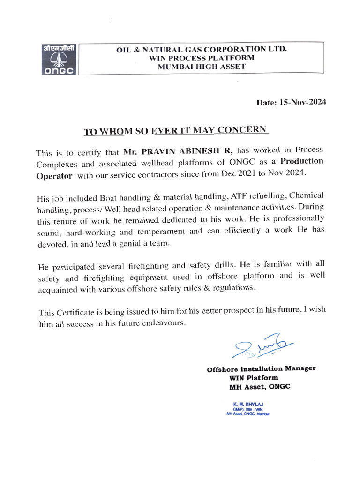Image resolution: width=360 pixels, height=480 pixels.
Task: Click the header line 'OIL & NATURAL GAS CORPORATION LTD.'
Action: (x=202, y=49)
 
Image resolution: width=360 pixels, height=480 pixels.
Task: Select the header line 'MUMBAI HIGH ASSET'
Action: (x=202, y=67)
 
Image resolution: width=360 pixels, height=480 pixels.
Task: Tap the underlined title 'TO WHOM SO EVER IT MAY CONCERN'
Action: (x=176, y=130)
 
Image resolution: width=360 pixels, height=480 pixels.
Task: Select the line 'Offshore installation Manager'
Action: (x=261, y=368)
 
